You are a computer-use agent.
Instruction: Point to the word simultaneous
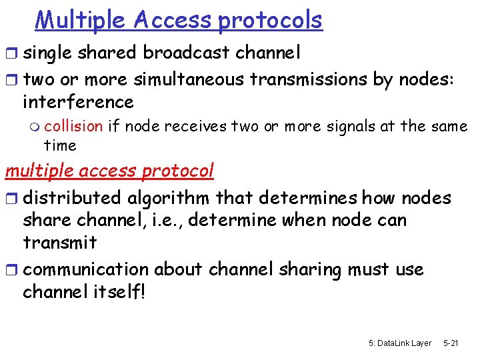[x=191, y=79]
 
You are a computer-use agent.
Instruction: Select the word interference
[x=78, y=102]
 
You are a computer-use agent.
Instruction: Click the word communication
[x=85, y=269]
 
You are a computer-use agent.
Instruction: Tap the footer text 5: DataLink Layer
[x=399, y=343]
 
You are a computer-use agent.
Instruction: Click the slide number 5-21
[x=451, y=343]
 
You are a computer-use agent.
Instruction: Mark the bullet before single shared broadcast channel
[x=11, y=53]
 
